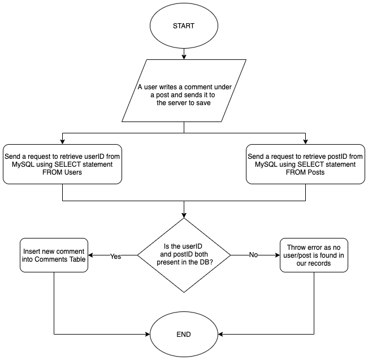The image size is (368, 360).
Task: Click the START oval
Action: (x=184, y=25)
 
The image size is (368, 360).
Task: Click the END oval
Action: (x=184, y=334)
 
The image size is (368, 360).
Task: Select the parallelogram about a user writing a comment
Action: (x=184, y=91)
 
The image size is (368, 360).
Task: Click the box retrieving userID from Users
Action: (x=62, y=164)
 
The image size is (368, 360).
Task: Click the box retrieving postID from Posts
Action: (x=306, y=164)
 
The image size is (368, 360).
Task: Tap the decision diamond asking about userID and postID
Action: (x=184, y=255)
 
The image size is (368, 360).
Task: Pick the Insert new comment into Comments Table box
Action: (x=54, y=255)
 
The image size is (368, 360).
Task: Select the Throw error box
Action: (x=314, y=255)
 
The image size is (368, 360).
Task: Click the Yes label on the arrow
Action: (x=115, y=255)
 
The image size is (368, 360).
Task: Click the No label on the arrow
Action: (x=253, y=255)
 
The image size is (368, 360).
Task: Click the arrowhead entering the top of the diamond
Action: (x=184, y=216)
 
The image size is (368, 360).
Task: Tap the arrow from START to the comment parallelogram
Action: (x=184, y=54)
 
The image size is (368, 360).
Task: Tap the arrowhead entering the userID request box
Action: (x=62, y=141)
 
